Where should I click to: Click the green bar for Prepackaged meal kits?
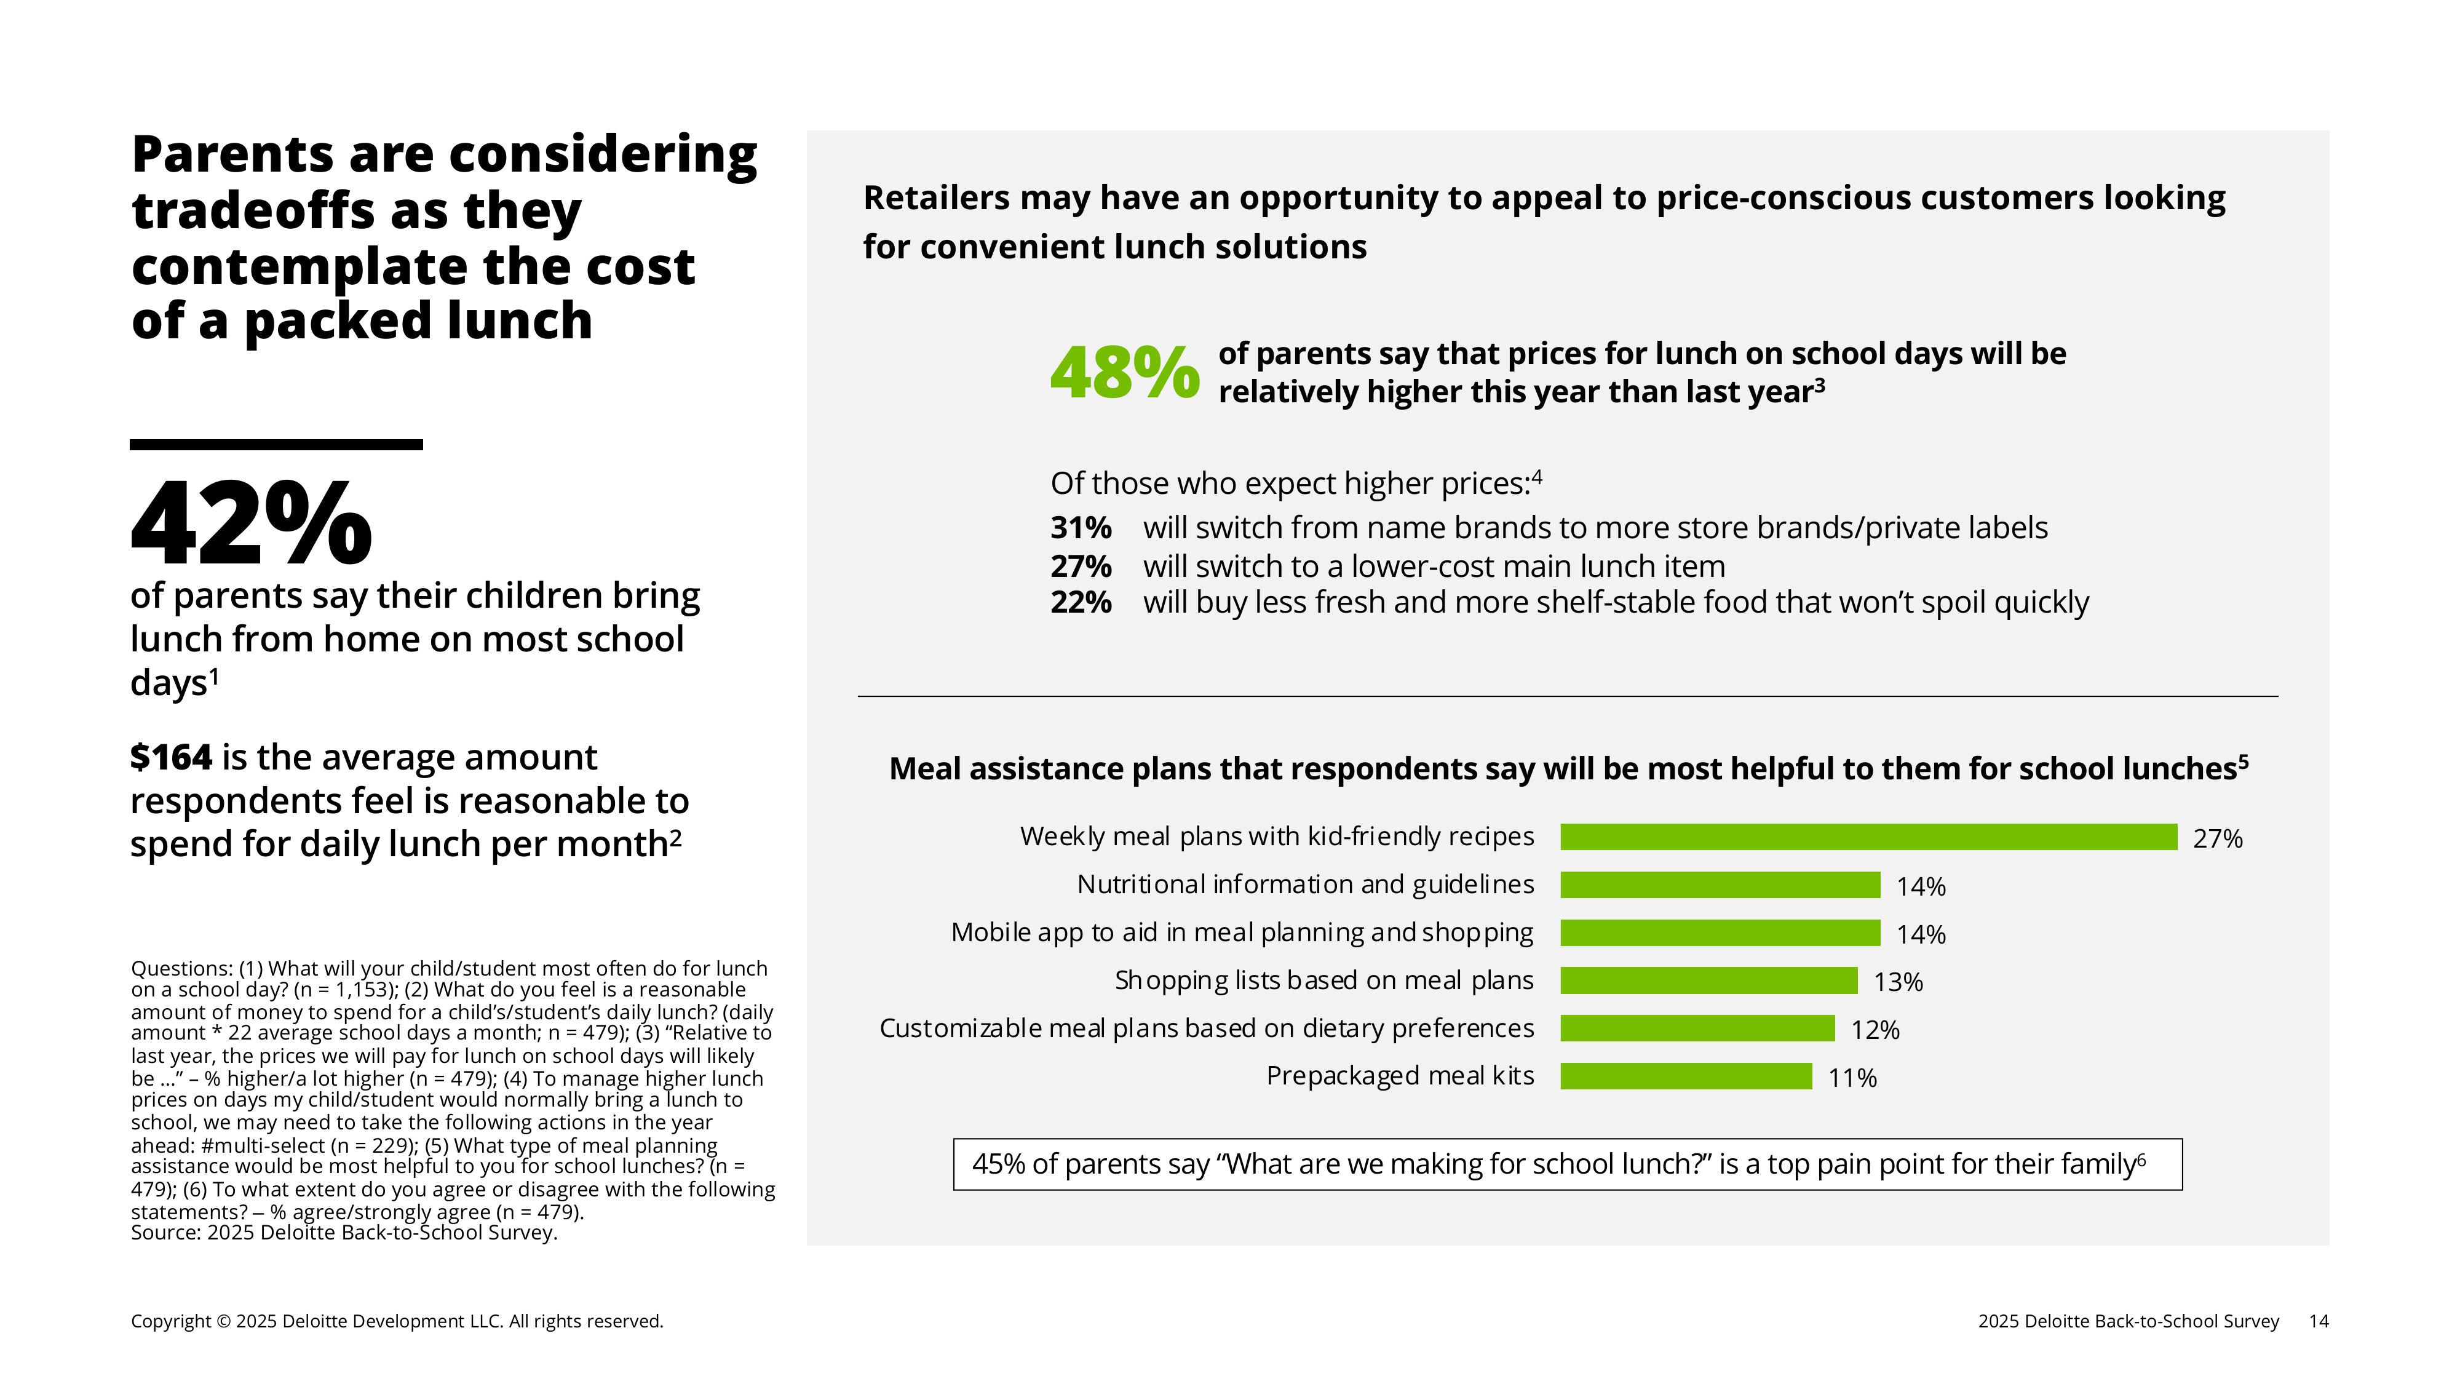(1686, 1076)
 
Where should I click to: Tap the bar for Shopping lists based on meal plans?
(1708, 980)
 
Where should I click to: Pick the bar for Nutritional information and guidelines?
(1720, 885)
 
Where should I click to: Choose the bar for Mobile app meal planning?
(1720, 933)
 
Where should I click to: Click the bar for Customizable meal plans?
(1697, 1028)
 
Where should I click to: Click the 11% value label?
(1852, 1078)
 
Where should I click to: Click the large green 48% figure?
(1124, 373)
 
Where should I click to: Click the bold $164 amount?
(171, 757)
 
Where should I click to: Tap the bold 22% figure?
(1080, 603)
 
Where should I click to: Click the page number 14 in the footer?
(2318, 1321)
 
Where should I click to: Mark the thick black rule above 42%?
(276, 444)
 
